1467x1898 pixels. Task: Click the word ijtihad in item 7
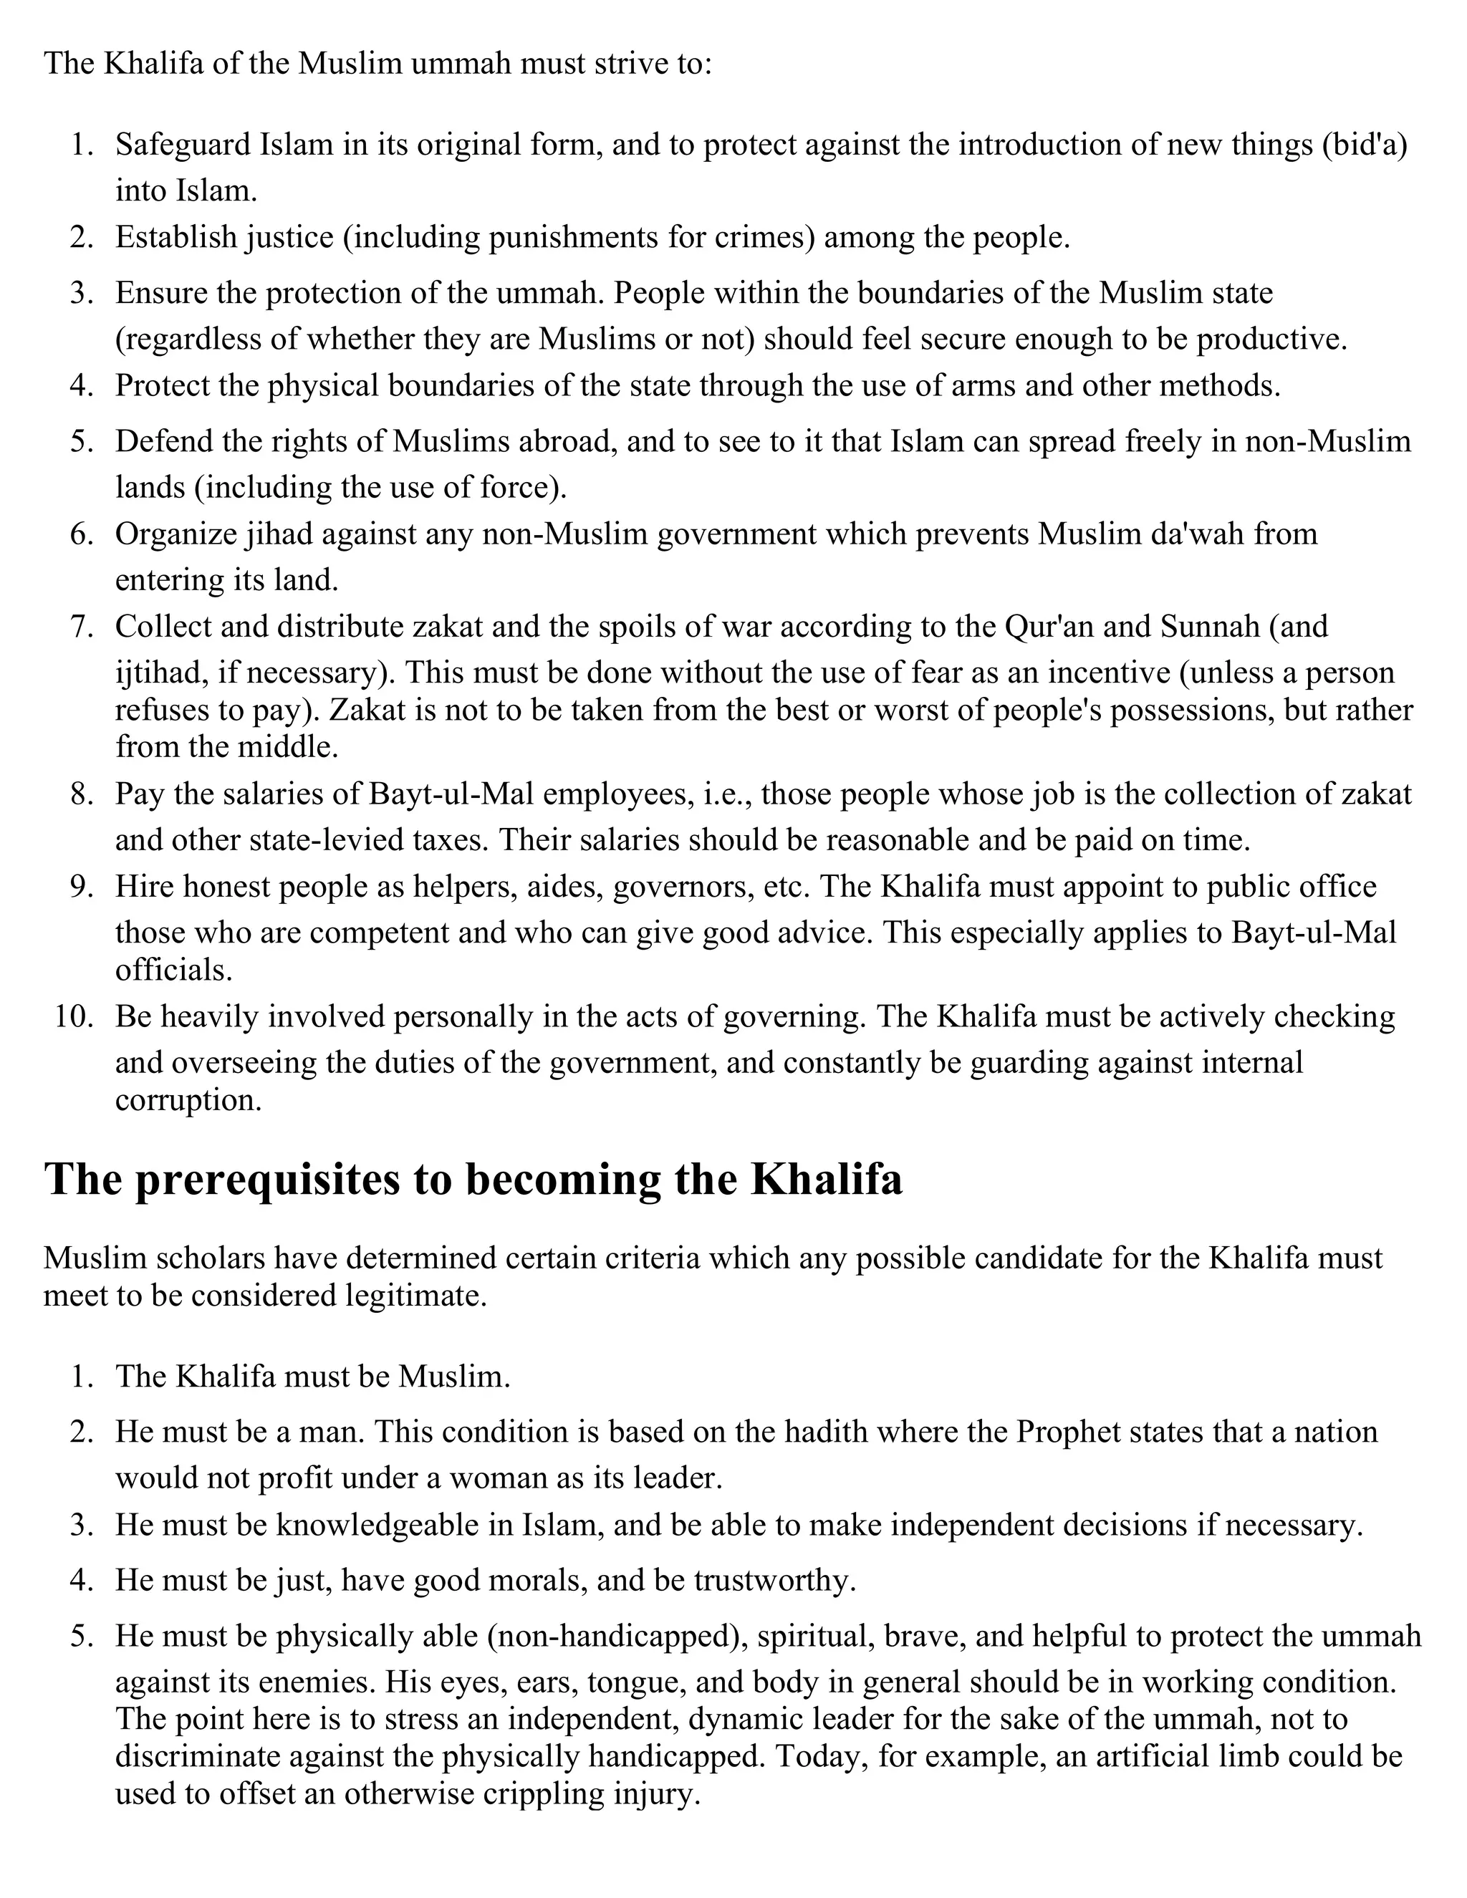coord(155,673)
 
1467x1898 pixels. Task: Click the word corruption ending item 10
coord(188,1100)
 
